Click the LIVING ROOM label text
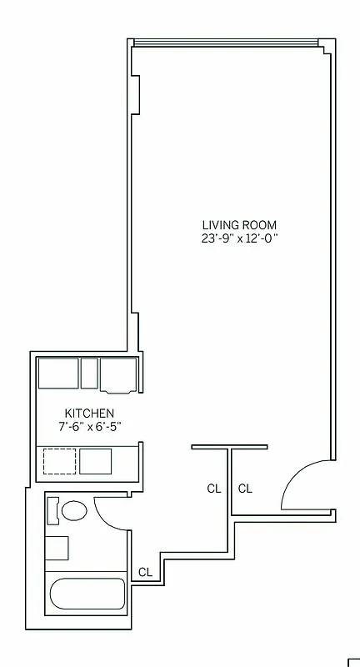pos(239,225)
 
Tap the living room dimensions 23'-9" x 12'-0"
pos(239,238)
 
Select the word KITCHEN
pos(89,414)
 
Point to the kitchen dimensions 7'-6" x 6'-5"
pos(89,427)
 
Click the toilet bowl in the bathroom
pos(75,511)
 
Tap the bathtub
pos(87,596)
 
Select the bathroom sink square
pos(57,549)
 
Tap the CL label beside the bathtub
pos(145,572)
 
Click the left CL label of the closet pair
pos(214,489)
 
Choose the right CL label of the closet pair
pos(245,489)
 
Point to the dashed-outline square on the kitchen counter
pos(58,461)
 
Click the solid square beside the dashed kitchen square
pos(95,461)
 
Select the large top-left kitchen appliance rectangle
pos(58,373)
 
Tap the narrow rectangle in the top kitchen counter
pos(90,373)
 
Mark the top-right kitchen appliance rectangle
pos(118,374)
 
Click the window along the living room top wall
pos(225,42)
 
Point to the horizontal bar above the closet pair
pos(230,447)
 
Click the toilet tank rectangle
pos(52,510)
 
